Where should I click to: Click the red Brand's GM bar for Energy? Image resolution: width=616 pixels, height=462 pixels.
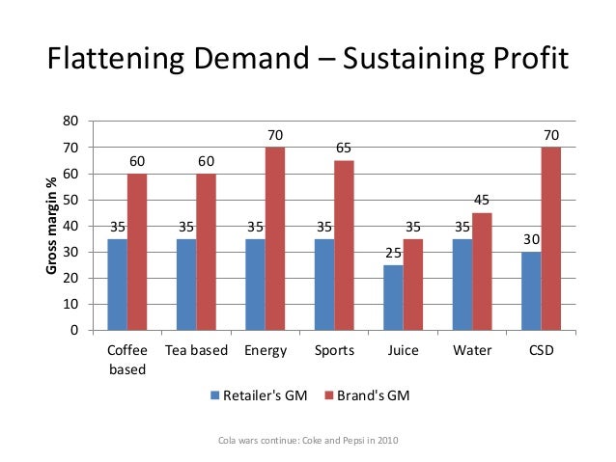[275, 239]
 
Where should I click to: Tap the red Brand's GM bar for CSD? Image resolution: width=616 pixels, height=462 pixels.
[551, 239]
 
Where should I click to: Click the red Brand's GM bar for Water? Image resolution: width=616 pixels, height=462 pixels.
[482, 272]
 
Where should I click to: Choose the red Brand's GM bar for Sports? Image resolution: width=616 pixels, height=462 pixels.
[344, 246]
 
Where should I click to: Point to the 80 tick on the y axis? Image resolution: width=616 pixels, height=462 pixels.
[71, 122]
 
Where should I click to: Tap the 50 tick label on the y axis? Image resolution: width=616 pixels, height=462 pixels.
[71, 200]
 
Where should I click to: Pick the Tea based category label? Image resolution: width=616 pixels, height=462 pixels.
[197, 351]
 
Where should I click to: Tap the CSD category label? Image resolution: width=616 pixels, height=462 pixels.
[541, 351]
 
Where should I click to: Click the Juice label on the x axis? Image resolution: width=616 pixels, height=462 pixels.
[403, 351]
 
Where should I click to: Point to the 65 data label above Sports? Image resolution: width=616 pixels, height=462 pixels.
[344, 149]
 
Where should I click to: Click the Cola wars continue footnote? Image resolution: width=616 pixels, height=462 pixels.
[309, 441]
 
